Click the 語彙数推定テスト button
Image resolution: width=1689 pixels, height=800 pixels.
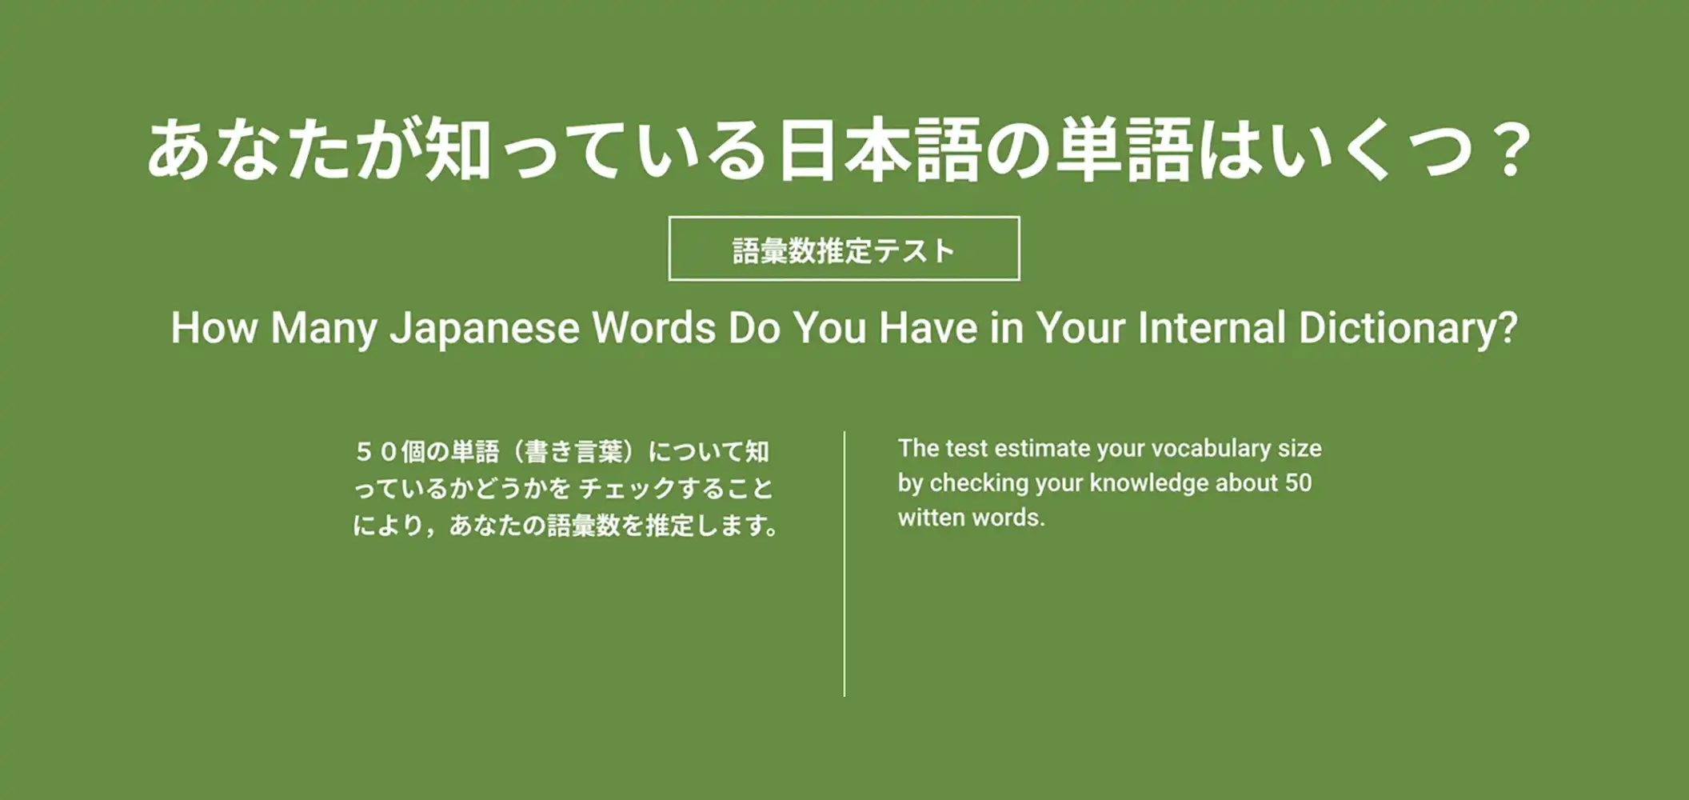844,249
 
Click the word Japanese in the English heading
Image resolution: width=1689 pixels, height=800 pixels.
485,329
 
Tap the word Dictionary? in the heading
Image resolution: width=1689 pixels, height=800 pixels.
1407,329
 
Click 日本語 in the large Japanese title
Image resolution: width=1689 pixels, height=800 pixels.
880,150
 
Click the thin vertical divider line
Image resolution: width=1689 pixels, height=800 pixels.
844,564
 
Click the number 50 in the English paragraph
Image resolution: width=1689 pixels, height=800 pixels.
1299,483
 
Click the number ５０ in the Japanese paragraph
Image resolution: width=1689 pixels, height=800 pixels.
377,452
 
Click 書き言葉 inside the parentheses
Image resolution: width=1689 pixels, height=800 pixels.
574,452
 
